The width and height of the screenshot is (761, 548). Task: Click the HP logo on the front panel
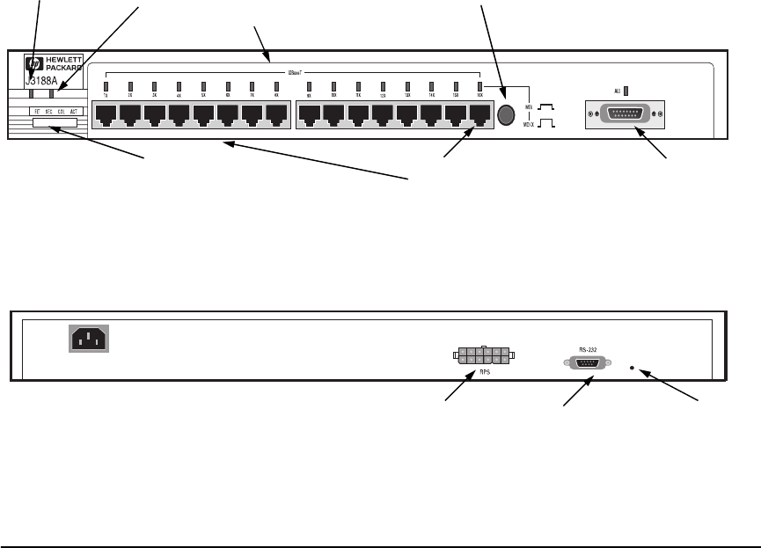pos(35,64)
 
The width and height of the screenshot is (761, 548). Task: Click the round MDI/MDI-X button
pos(506,115)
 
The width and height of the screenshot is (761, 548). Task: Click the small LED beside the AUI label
pos(626,90)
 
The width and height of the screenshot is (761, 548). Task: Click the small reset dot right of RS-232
pos(633,369)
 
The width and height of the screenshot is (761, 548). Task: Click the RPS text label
pos(484,372)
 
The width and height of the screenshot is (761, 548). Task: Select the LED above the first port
pos(106,85)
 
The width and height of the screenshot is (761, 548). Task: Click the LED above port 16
pos(480,85)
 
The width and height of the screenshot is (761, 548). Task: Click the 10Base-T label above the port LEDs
pos(293,71)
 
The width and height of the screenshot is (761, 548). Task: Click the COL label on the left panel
pos(62,112)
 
